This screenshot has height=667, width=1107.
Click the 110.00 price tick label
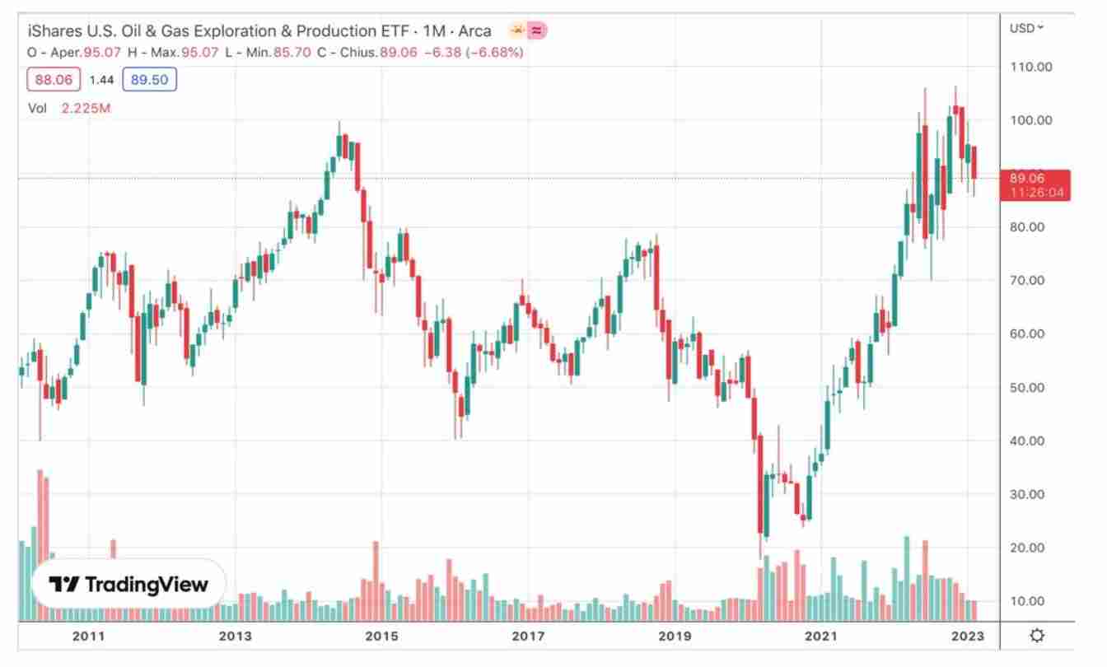(1031, 67)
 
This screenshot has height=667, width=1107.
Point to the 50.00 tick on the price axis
(1031, 387)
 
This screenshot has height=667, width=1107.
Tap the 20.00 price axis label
(1031, 548)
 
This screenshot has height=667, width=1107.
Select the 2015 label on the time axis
(381, 636)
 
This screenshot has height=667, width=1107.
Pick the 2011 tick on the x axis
(88, 636)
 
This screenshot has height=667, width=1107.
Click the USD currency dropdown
(1026, 28)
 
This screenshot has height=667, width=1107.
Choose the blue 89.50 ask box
(149, 80)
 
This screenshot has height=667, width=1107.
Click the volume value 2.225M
(86, 108)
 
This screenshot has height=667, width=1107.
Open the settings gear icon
(1037, 635)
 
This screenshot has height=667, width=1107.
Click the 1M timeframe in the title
(433, 31)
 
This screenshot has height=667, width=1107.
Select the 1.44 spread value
(100, 80)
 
